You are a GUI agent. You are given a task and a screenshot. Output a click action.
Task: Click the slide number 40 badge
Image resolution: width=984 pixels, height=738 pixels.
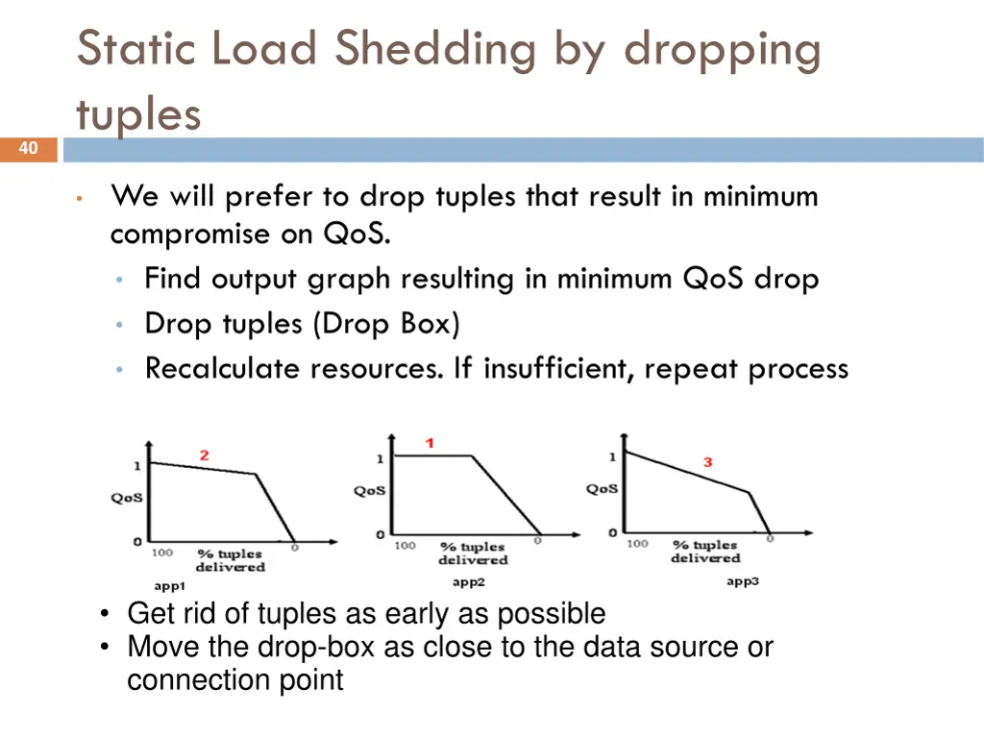(28, 149)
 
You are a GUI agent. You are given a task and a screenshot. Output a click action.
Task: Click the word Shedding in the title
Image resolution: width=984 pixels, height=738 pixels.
(434, 49)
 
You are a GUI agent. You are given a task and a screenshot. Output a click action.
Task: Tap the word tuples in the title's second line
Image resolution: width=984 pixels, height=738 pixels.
(138, 114)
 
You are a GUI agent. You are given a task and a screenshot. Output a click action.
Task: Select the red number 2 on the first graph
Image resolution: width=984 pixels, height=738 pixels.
(204, 455)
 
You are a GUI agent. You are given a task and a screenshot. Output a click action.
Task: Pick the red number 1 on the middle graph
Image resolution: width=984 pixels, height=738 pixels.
(430, 443)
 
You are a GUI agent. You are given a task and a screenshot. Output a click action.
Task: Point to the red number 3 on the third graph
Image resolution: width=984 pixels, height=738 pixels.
(707, 462)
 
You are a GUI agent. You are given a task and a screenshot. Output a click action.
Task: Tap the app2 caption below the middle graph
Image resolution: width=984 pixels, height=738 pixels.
(469, 582)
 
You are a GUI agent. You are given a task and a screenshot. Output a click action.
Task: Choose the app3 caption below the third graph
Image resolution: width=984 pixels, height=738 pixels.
(742, 581)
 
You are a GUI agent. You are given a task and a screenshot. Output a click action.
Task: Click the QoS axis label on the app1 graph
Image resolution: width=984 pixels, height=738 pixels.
(127, 498)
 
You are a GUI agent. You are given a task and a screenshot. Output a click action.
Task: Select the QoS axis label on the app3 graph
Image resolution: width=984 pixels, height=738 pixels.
(603, 489)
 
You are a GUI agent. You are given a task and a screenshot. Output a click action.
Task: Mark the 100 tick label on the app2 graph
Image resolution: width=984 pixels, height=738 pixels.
(405, 545)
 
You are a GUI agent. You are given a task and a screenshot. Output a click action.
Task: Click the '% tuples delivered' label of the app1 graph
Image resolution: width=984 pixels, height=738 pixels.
(230, 560)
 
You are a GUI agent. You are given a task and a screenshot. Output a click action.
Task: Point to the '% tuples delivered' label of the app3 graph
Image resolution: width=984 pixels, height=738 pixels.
(705, 552)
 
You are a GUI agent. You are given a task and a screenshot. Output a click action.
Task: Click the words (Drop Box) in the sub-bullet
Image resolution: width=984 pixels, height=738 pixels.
(387, 324)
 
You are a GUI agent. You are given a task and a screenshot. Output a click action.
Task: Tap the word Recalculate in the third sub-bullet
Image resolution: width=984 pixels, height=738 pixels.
(231, 368)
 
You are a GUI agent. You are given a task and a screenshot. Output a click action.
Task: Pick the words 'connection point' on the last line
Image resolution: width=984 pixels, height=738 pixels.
(235, 680)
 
